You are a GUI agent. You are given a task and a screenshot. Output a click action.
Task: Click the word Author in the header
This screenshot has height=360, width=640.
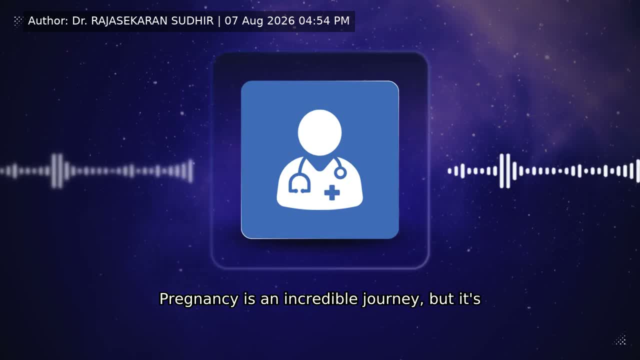(48, 21)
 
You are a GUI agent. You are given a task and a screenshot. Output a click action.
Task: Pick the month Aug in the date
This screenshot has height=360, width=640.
(252, 21)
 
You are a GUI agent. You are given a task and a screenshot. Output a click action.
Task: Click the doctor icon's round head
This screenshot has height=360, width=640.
(319, 132)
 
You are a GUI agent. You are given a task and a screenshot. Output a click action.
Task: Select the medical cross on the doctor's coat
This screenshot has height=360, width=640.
(332, 192)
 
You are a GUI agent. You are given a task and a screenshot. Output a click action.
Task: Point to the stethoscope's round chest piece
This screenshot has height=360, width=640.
(340, 173)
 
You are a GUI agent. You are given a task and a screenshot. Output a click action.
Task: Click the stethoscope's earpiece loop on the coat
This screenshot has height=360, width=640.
(299, 184)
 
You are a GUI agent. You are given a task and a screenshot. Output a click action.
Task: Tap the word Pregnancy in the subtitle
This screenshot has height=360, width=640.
(198, 299)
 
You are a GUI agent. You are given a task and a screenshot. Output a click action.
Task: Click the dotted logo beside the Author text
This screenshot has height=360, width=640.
(18, 21)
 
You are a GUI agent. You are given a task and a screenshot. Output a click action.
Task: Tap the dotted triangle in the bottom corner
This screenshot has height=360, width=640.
(620, 340)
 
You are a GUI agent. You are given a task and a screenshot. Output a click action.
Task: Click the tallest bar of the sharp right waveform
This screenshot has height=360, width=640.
(508, 171)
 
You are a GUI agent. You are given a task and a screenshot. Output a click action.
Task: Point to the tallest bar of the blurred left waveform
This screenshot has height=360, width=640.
(60, 171)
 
